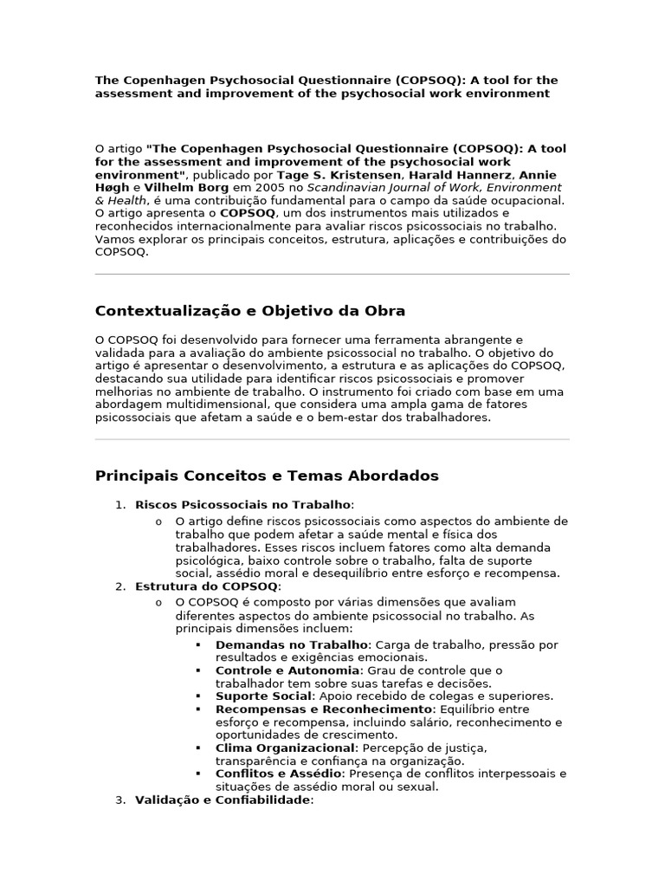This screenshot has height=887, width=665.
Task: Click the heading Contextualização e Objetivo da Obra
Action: coord(249,311)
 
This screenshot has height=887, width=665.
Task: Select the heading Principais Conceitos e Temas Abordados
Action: coord(266,476)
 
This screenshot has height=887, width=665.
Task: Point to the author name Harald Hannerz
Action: coord(473,175)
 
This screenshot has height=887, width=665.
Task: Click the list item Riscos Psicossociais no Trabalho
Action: coord(243,504)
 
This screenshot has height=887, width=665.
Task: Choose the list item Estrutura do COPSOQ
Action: coord(207,586)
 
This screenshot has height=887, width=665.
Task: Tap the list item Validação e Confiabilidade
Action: coord(223,800)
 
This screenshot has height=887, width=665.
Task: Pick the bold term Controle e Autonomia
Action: coord(287,670)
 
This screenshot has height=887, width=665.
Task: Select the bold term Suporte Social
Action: coord(263,696)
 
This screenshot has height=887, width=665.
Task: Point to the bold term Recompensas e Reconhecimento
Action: coord(311,709)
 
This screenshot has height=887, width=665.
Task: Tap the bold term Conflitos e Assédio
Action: coord(279,774)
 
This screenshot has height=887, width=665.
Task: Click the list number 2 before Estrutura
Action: coord(119,586)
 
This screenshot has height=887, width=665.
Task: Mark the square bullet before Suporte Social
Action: coord(198,696)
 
